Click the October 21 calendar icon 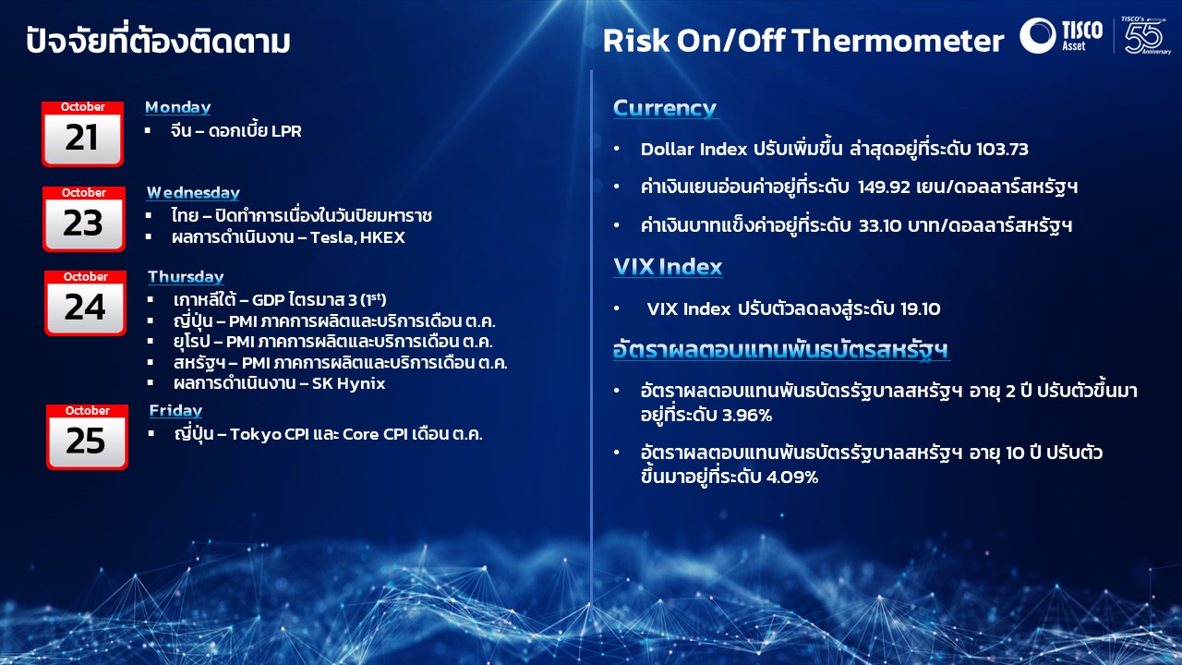point(82,134)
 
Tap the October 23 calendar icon point(84,219)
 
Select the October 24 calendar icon point(86,303)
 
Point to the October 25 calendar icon point(87,437)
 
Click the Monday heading point(178,107)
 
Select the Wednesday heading point(193,193)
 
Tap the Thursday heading point(186,276)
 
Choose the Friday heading point(175,411)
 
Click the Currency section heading point(665,108)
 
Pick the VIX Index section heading point(668,267)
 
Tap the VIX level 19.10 point(921,308)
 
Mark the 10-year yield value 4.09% point(792,478)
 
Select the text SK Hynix point(348,383)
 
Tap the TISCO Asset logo point(1061,35)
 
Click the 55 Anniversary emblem point(1146,35)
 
